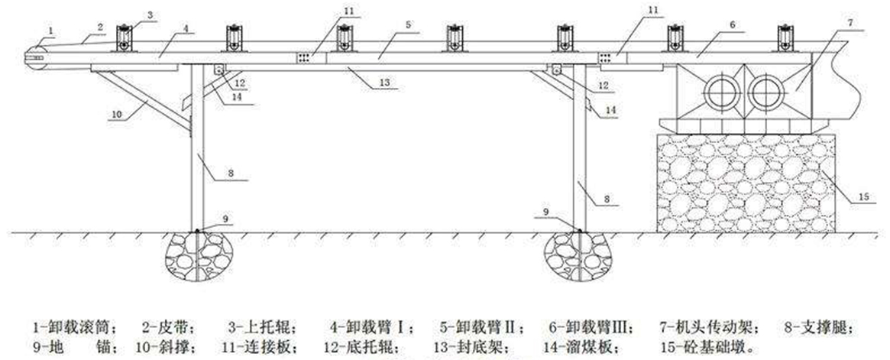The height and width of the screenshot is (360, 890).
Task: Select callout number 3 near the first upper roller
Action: (x=150, y=15)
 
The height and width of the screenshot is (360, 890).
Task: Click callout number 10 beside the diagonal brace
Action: (x=116, y=114)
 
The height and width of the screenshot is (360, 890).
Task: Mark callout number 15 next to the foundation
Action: (x=862, y=196)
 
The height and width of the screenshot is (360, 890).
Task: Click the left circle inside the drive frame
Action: (x=719, y=93)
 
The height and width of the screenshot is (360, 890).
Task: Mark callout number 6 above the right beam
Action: (x=731, y=24)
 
